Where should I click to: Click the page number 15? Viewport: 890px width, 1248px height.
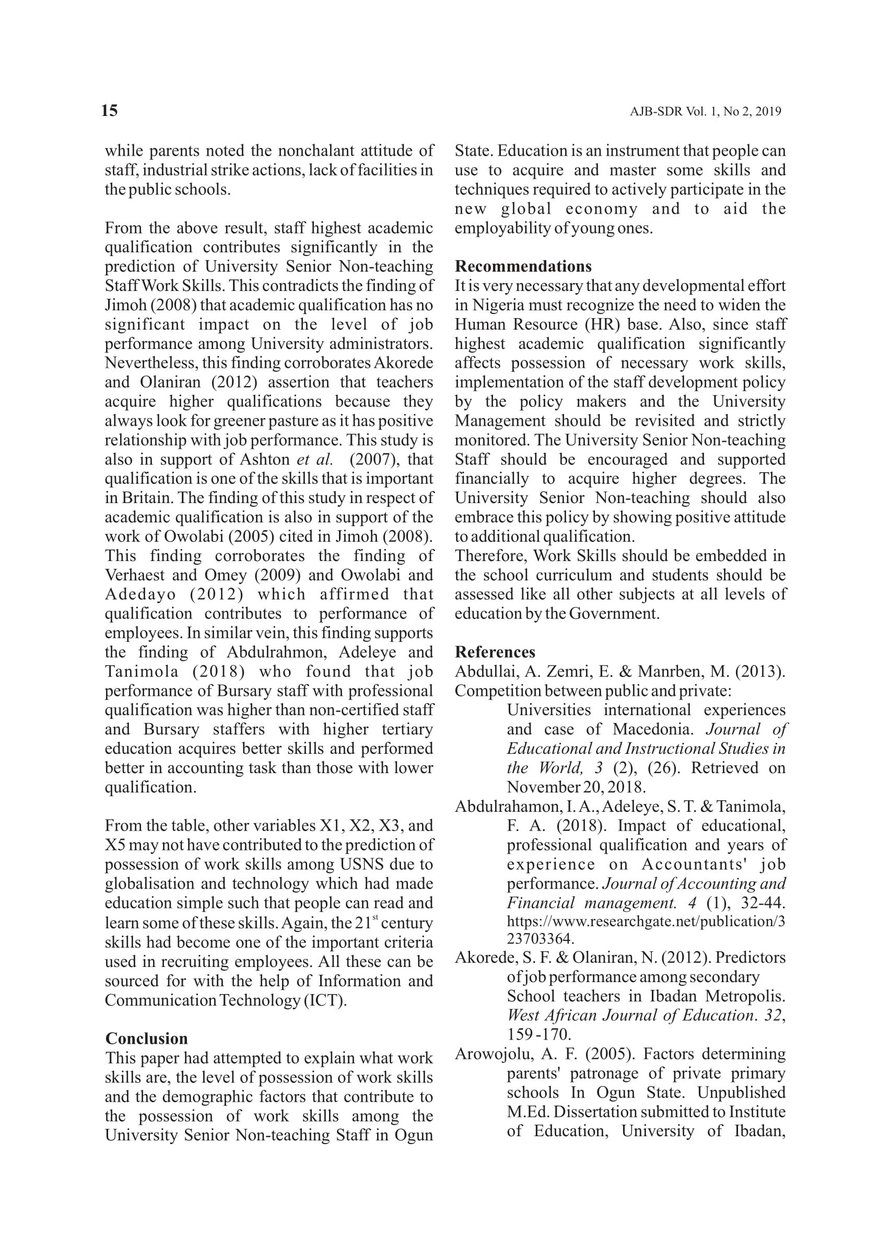[109, 111]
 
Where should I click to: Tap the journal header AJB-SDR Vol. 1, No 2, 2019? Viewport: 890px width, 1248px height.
[705, 112]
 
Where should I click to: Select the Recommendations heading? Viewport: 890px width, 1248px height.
[523, 266]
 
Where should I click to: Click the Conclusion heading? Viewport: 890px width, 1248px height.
[146, 1039]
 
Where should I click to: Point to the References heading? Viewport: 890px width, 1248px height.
[495, 652]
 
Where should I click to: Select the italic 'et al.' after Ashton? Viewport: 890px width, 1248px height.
[314, 459]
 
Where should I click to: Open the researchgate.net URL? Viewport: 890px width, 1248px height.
[645, 922]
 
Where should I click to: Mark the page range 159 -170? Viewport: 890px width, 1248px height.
[538, 1035]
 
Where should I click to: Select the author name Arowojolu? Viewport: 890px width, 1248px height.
[485, 1054]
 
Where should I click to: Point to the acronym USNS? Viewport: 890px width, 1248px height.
[363, 865]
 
